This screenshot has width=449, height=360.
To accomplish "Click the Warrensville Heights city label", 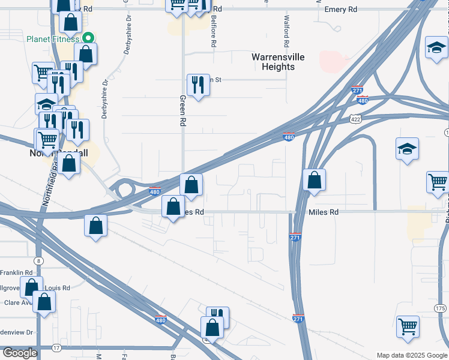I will pyautogui.click(x=278, y=62).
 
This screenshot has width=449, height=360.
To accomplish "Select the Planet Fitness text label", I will pyautogui.click(x=53, y=40).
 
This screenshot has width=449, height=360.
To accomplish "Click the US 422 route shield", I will pyautogui.click(x=356, y=119).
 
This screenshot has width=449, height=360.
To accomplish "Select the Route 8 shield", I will pyautogui.click(x=40, y=260).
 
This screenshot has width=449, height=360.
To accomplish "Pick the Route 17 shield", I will pyautogui.click(x=56, y=348).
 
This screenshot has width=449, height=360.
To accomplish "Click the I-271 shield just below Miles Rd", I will pyautogui.click(x=295, y=237).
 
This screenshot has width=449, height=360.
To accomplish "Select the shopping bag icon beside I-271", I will pyautogui.click(x=314, y=179).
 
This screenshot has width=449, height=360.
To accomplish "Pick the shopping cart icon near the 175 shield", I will pyautogui.click(x=408, y=327).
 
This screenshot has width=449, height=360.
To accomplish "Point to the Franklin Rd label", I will pyautogui.click(x=16, y=272).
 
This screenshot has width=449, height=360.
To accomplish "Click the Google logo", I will pyautogui.click(x=19, y=353).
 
